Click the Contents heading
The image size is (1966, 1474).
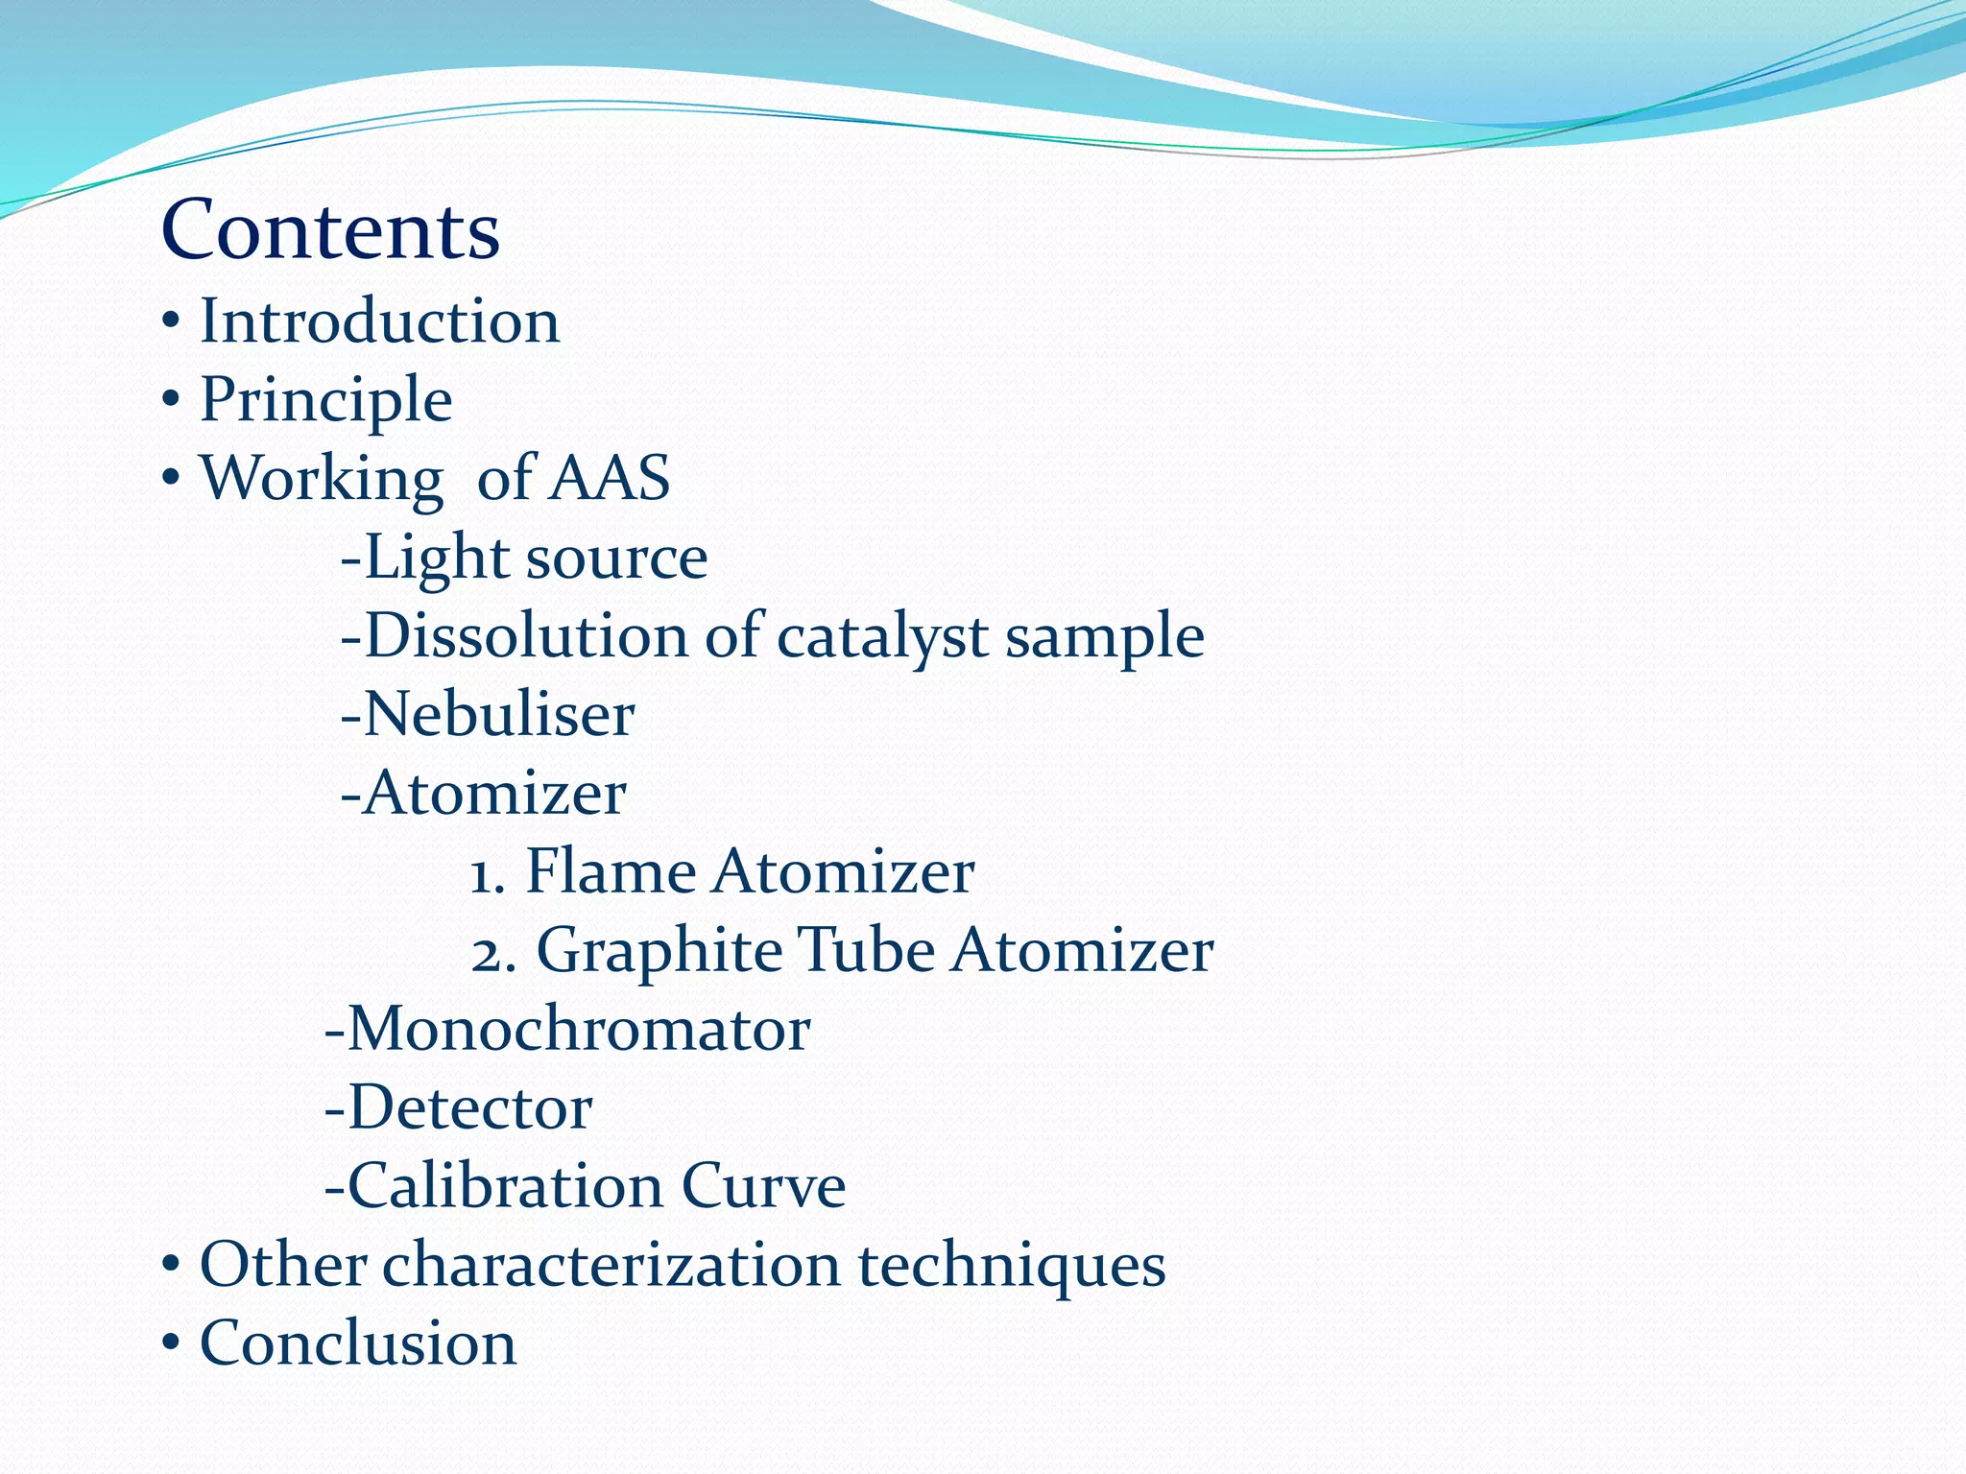click(330, 230)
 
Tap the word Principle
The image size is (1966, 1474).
click(325, 399)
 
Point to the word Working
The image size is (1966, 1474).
click(321, 478)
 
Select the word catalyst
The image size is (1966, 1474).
click(882, 637)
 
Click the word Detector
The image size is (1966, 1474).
click(469, 1107)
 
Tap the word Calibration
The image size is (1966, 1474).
click(504, 1186)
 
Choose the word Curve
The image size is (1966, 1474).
click(763, 1186)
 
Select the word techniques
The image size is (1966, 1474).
click(1011, 1266)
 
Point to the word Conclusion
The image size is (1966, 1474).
click(358, 1343)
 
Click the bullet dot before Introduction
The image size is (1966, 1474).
click(170, 324)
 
